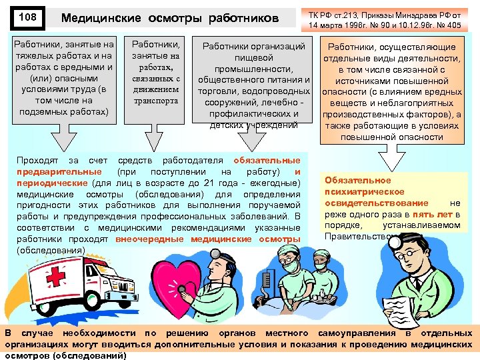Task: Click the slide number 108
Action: tap(27, 17)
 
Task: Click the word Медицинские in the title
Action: tap(100, 19)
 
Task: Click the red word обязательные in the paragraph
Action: tap(267, 161)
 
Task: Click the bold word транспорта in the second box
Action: tap(156, 101)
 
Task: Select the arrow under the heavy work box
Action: tap(64, 136)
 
